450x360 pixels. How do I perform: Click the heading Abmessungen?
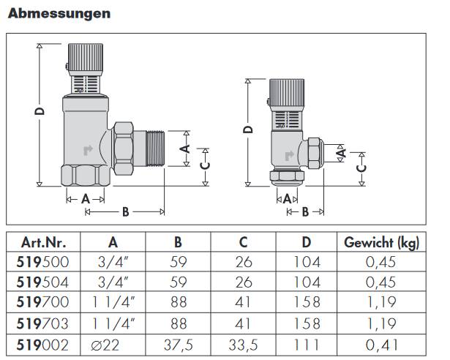coord(59,13)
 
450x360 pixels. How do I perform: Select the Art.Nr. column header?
coord(41,243)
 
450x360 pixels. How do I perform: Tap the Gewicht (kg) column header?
coord(383,243)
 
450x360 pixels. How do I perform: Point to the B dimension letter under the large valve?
coord(125,212)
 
